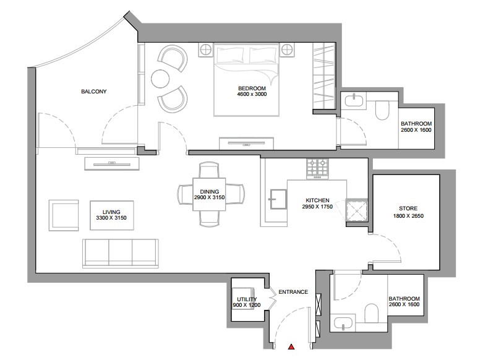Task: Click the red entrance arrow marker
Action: pyautogui.click(x=291, y=347)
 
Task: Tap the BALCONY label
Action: pyautogui.click(x=93, y=92)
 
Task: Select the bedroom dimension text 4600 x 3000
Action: pyautogui.click(x=252, y=94)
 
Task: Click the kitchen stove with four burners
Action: pyautogui.click(x=317, y=169)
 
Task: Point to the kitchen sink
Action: pyautogui.click(x=278, y=199)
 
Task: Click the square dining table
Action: pyautogui.click(x=209, y=194)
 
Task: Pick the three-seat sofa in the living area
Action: pyautogui.click(x=121, y=253)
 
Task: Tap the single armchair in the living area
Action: pyautogui.click(x=64, y=215)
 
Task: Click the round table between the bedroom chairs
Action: pyautogui.click(x=161, y=79)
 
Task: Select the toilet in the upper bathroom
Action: pyautogui.click(x=382, y=109)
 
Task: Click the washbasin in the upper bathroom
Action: pyautogui.click(x=354, y=100)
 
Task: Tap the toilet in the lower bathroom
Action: pyautogui.click(x=372, y=313)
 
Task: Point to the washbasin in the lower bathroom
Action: pyautogui.click(x=343, y=324)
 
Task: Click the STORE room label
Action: pyautogui.click(x=408, y=208)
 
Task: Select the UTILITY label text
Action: pyautogui.click(x=247, y=299)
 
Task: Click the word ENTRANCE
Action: pyautogui.click(x=293, y=292)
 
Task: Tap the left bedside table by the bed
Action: pyautogui.click(x=205, y=49)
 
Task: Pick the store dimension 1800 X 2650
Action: pyautogui.click(x=408, y=216)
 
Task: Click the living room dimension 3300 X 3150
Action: pyautogui.click(x=111, y=218)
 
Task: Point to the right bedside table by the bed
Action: pyautogui.click(x=288, y=49)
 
